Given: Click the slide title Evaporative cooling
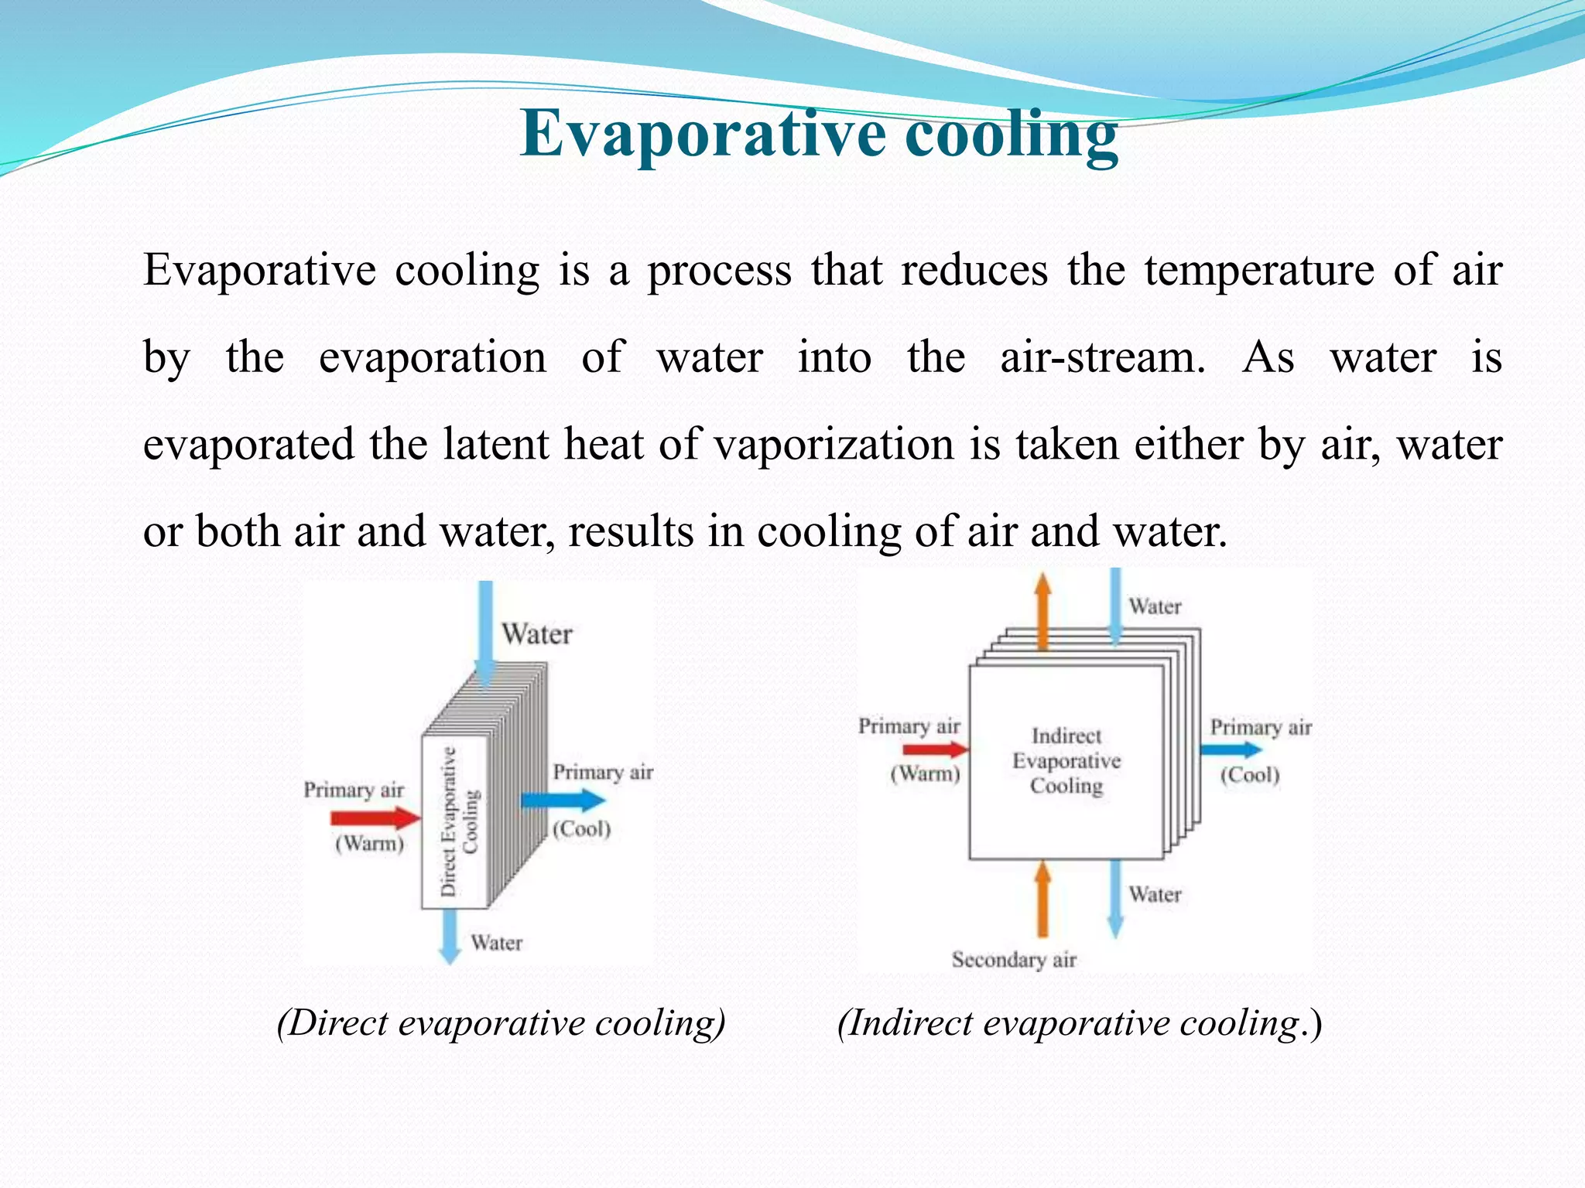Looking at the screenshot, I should (x=819, y=134).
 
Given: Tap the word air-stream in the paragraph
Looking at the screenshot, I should (x=1102, y=357).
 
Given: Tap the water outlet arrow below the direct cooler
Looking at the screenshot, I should (x=450, y=936).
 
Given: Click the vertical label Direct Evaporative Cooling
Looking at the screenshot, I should (x=459, y=821).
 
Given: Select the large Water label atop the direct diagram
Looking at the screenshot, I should (x=537, y=634).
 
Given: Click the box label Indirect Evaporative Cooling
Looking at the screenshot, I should (x=1066, y=760).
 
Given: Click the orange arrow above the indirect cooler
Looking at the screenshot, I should (x=1043, y=611).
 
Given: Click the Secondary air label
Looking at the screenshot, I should (x=1014, y=960).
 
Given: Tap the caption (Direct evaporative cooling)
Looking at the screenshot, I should (x=502, y=1022).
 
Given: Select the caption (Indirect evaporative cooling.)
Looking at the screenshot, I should (x=1080, y=1022).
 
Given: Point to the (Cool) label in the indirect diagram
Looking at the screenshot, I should (x=1250, y=775).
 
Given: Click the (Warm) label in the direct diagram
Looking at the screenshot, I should (x=369, y=843).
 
